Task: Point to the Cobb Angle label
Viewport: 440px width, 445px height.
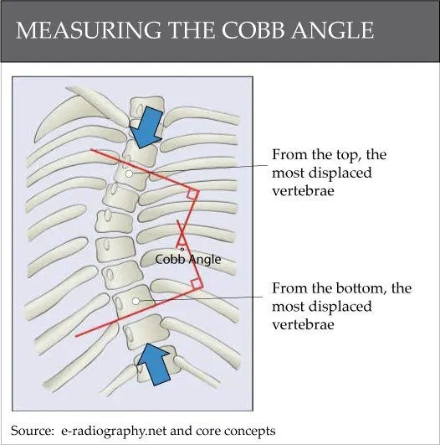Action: tap(188, 260)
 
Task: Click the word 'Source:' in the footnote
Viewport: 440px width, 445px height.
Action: tap(34, 430)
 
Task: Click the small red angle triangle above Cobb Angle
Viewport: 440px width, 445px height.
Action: tap(182, 238)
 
